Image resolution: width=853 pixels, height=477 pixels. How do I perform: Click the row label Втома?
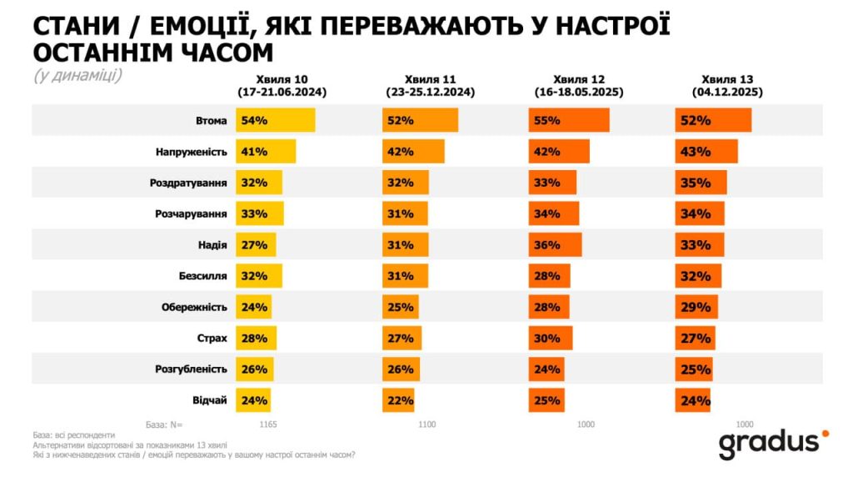(x=212, y=121)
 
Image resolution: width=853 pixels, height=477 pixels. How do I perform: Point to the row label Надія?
(x=213, y=244)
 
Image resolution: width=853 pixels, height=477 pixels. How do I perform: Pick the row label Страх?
(x=212, y=338)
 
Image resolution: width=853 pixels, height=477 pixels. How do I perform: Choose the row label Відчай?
(x=211, y=400)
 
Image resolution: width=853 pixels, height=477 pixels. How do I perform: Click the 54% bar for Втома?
(x=275, y=120)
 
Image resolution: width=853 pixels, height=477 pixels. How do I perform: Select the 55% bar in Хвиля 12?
(x=568, y=120)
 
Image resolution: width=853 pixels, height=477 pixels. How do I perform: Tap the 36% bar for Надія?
(x=555, y=244)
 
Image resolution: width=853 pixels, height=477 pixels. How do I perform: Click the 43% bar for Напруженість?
(x=706, y=152)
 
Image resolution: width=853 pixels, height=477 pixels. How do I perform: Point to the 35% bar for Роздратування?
(x=701, y=183)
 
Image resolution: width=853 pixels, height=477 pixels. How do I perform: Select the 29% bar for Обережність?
(x=696, y=307)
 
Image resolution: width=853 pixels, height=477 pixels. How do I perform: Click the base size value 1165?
(x=267, y=424)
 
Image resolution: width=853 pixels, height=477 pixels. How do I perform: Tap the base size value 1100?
(x=426, y=424)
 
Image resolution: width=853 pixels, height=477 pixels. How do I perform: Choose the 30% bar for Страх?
(x=551, y=338)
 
